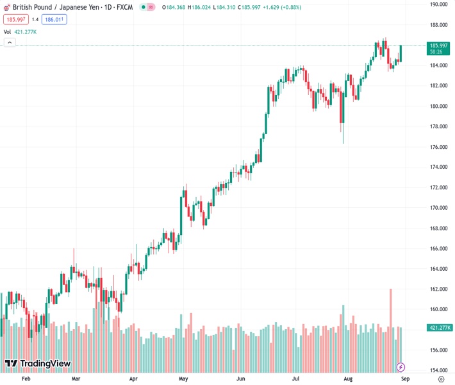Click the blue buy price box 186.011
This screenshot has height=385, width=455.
(54, 19)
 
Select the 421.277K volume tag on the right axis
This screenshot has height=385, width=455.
(440, 328)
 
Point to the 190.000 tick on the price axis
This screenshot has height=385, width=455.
(439, 4)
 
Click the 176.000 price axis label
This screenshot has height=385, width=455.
(439, 147)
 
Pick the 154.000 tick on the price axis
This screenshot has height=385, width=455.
(439, 370)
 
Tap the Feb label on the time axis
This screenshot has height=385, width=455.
(26, 379)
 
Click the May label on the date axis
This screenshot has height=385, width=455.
(183, 379)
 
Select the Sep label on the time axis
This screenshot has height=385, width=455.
(405, 379)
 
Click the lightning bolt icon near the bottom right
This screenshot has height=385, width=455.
(401, 367)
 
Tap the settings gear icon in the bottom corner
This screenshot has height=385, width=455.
(441, 379)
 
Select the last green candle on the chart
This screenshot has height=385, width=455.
(401, 53)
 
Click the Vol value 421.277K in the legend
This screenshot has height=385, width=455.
(26, 31)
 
